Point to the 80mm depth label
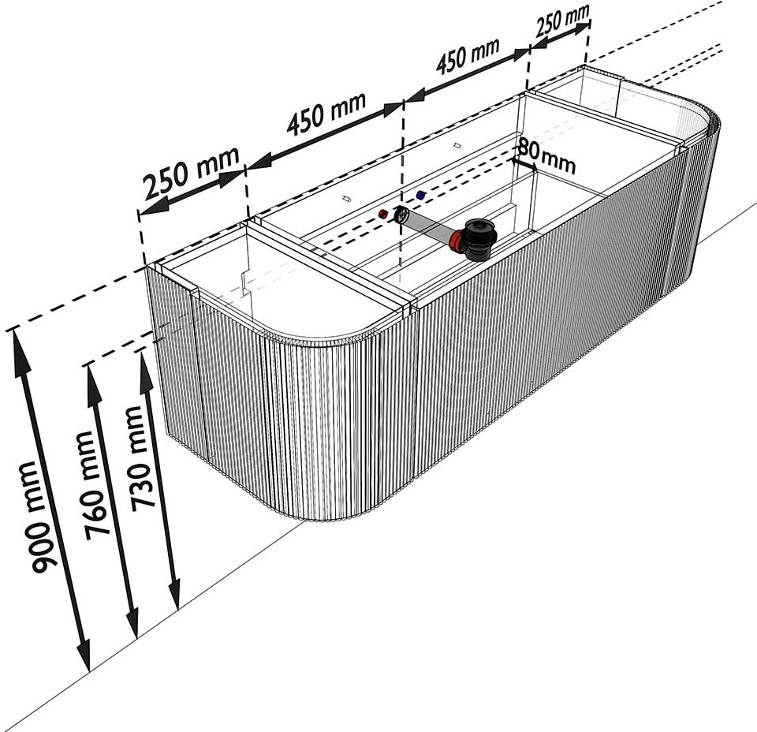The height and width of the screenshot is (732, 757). coord(546,155)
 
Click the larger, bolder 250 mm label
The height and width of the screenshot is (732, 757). coord(192,173)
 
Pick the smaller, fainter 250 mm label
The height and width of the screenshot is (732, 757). coord(562,20)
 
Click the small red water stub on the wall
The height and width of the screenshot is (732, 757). coord(383,214)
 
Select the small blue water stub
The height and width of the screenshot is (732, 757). coord(420,195)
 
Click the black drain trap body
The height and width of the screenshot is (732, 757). coord(478,239)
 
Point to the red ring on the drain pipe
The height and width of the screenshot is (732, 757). coord(455,241)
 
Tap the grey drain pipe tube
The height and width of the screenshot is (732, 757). coord(427,227)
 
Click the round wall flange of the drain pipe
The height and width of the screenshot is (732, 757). coord(401,215)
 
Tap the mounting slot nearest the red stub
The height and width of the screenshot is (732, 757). coord(346,199)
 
